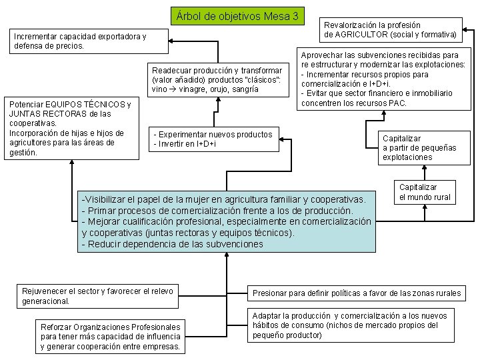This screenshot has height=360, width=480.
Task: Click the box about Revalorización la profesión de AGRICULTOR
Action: (x=391, y=29)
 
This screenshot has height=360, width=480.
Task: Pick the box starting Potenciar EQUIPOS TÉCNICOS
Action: (x=71, y=128)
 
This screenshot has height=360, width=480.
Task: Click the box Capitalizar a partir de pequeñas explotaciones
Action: (x=415, y=147)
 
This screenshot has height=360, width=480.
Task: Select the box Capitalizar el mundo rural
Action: (x=425, y=192)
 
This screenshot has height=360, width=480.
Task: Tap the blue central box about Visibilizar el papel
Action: (x=227, y=222)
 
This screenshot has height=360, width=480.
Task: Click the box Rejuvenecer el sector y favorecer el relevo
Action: (x=99, y=295)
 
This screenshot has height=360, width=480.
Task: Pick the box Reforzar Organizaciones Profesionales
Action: (x=111, y=337)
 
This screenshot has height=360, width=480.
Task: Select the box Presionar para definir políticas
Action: (x=357, y=293)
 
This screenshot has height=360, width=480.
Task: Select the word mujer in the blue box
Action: (x=203, y=199)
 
